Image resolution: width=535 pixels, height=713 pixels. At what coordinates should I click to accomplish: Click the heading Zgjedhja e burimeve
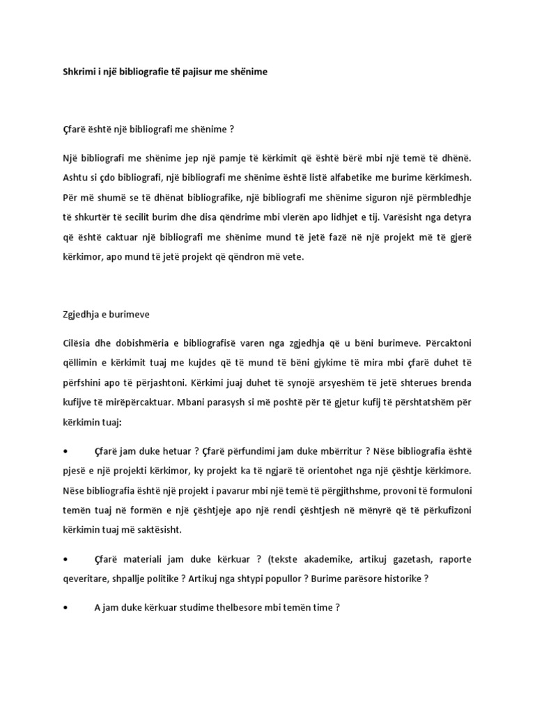click(102, 314)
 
